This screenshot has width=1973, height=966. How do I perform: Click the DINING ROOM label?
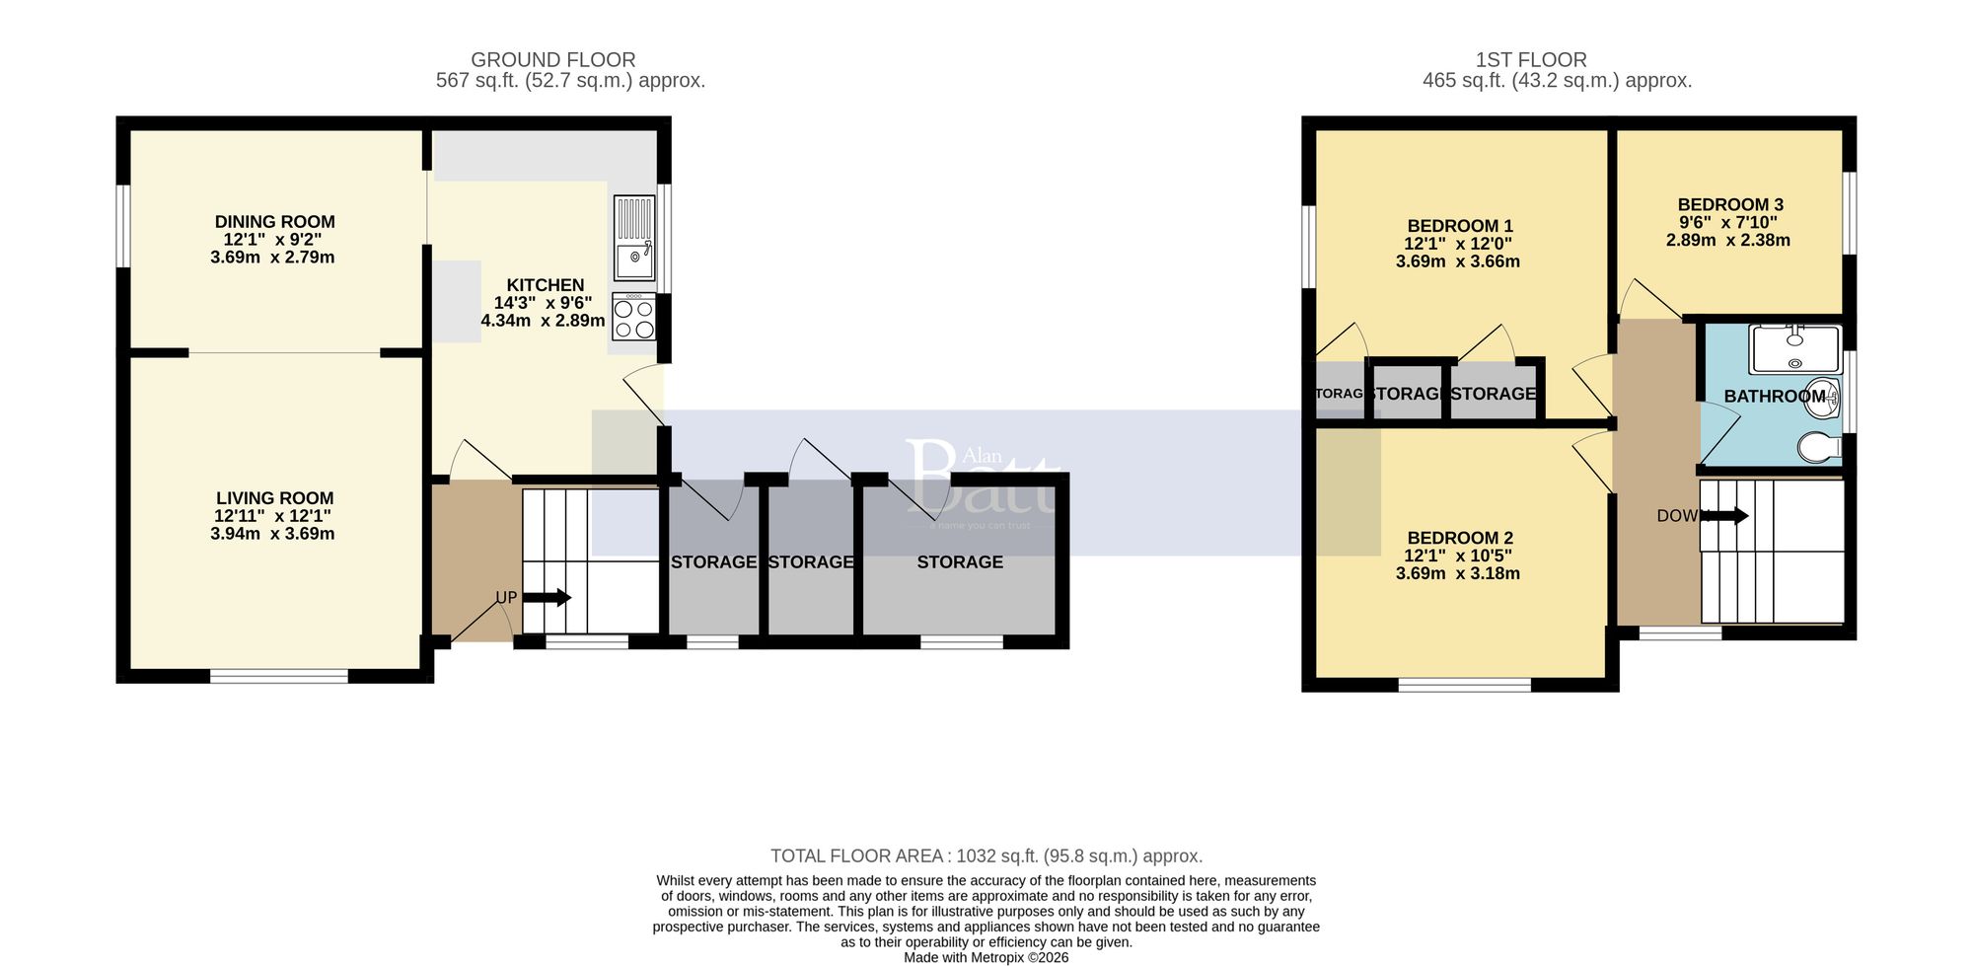tap(274, 222)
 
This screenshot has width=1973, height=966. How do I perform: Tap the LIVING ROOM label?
tap(274, 498)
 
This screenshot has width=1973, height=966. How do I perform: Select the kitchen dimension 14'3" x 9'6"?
tap(543, 304)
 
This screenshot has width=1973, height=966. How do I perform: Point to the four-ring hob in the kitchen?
tap(633, 318)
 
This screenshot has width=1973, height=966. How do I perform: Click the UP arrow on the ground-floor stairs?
tap(547, 597)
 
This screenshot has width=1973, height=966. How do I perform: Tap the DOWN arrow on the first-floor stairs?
tap(1724, 516)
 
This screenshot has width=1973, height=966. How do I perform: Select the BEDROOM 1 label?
tap(1460, 226)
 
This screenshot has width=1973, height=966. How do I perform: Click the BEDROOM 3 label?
tap(1730, 205)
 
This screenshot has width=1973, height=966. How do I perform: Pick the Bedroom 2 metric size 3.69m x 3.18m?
tap(1457, 573)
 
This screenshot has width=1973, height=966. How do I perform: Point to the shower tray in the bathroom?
tap(1794, 349)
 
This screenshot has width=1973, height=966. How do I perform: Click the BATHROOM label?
tap(1774, 396)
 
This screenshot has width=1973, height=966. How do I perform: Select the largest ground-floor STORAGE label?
tap(959, 561)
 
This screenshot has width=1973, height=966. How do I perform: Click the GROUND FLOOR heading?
tap(552, 60)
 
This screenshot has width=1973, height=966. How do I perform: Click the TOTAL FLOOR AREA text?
tap(986, 856)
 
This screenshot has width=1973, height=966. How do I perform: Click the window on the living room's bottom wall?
tap(278, 676)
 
